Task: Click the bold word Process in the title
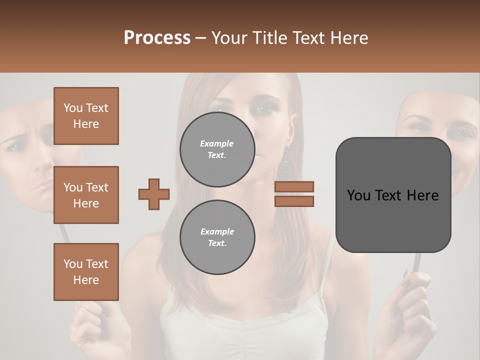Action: coord(157,37)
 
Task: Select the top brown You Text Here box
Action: coord(86,116)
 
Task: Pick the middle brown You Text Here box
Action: coord(86,195)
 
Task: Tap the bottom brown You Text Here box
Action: coord(86,272)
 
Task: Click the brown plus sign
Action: coord(154,194)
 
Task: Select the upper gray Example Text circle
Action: coord(217,149)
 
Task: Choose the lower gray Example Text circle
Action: coord(217,237)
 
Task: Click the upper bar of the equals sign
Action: coord(294,186)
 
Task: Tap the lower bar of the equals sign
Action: coord(294,201)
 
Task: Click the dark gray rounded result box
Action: coord(393,195)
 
